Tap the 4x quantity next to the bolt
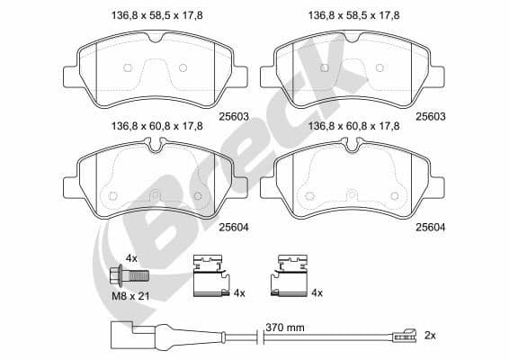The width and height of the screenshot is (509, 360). coord(130,258)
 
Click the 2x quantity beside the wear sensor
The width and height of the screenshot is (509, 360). coord(429,335)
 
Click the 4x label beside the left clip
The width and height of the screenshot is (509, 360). coord(239,293)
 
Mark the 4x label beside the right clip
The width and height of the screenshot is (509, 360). coord(317,293)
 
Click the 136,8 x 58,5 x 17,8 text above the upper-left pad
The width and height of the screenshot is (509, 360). coord(156,15)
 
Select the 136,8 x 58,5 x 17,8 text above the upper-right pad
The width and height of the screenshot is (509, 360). coord(354,15)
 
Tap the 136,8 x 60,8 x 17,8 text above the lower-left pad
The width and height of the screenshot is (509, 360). coord(156,127)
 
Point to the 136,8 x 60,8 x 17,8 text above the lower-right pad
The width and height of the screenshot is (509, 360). coord(354,127)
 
